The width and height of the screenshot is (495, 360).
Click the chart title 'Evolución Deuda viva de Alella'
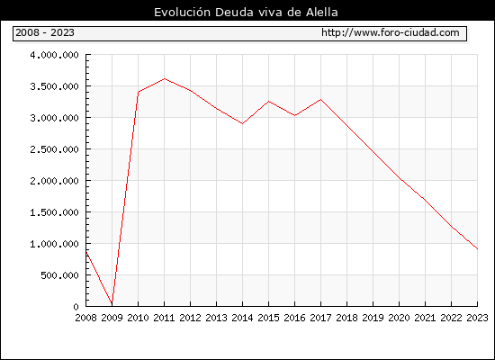(246, 13)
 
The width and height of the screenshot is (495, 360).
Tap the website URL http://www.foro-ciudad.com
(391, 32)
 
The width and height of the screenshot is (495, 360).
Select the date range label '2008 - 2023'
(45, 32)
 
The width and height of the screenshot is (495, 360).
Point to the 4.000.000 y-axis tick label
(54, 55)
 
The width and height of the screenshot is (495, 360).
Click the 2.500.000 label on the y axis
(54, 149)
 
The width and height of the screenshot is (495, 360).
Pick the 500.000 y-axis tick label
(59, 275)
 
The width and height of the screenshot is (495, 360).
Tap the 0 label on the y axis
(76, 307)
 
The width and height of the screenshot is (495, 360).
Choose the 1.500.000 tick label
(54, 212)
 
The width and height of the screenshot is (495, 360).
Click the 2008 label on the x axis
(85, 318)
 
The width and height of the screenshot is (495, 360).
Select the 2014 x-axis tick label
(242, 318)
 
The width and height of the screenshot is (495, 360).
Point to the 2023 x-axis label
(477, 318)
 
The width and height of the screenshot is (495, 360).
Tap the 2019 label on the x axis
(373, 318)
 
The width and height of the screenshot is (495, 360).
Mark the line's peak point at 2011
(164, 78)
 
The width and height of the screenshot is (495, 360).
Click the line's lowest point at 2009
(112, 303)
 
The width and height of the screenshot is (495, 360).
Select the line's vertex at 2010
(139, 92)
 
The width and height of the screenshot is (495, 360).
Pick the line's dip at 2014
(242, 123)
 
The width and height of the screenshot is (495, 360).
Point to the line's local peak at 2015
(269, 102)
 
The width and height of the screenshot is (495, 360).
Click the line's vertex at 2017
(320, 100)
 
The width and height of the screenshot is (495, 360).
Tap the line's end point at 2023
(477, 248)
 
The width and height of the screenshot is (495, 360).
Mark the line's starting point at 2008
(86, 252)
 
